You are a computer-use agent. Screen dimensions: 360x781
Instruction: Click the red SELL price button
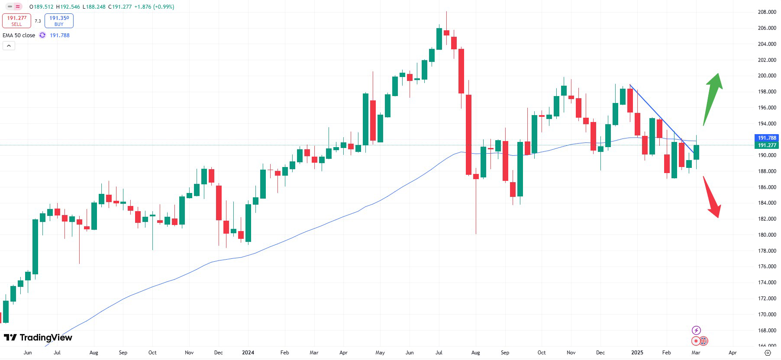coord(16,21)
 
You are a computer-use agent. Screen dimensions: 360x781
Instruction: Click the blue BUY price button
coord(59,21)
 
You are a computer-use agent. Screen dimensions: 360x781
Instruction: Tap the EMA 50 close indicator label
coord(19,35)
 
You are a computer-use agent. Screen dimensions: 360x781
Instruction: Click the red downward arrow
coord(712,197)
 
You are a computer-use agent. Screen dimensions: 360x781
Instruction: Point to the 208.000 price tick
coord(767,12)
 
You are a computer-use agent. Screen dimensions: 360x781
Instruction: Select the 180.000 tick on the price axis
coord(767,235)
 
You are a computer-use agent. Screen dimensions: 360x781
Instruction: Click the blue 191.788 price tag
coord(767,138)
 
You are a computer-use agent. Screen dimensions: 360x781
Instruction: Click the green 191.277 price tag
coord(767,145)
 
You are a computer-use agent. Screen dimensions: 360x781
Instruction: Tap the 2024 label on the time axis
coord(248,353)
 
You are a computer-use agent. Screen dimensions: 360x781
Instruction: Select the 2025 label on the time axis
coord(637,353)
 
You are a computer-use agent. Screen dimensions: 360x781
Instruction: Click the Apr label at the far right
coord(733,353)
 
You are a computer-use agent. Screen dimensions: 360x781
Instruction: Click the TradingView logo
coord(38,337)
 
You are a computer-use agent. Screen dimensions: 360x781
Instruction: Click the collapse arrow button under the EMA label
coord(9,46)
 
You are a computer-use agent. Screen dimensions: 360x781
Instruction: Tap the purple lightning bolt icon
coord(696,331)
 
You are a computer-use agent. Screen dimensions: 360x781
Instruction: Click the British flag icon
coord(704,341)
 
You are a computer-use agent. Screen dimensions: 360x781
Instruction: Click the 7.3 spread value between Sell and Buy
coord(38,21)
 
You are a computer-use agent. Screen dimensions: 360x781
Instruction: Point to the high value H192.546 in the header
coord(68,7)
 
